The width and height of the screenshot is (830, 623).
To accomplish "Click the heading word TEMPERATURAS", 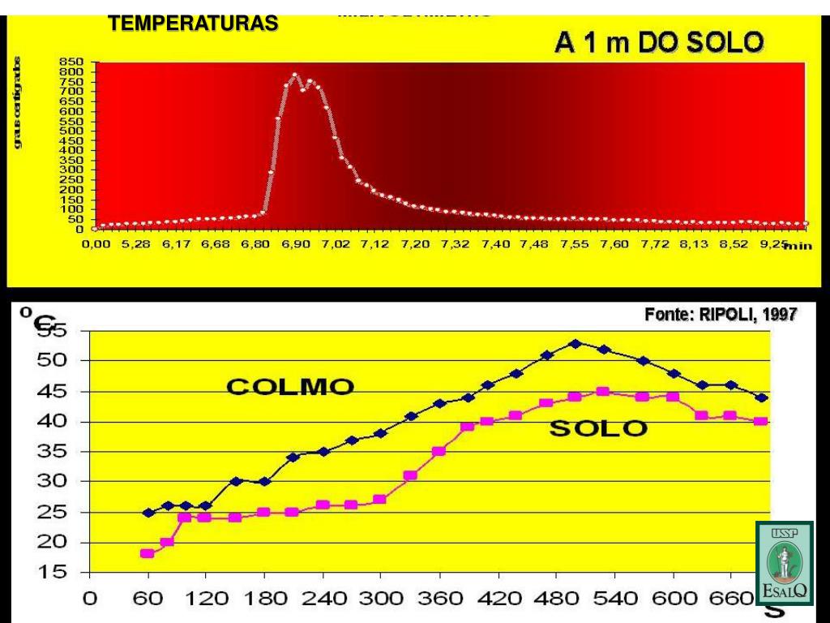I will pos(193,24).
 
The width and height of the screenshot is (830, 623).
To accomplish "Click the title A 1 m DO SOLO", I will pos(657,43).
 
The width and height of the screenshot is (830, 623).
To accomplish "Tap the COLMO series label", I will pos(289,388).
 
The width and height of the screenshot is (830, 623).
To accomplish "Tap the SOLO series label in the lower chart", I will pos(598,429).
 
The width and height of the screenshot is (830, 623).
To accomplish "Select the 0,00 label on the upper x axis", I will pos(96,245).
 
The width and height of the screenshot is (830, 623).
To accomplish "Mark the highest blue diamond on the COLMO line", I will pos(575,343).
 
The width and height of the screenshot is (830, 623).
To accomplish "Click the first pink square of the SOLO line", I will pos(148,554).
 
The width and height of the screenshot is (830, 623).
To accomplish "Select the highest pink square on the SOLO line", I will pos(602,391).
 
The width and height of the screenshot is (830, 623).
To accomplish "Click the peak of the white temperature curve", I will pos(295,75).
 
